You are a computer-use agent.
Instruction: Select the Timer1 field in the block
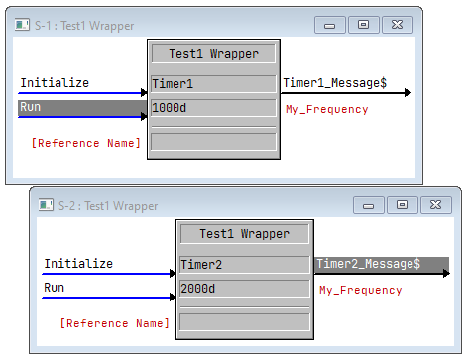[213, 84]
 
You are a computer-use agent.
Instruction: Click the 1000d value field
[213, 107]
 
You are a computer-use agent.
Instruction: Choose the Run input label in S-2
[55, 288]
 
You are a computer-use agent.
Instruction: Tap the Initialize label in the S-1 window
[55, 83]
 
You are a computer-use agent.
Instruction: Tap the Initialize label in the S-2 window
[78, 264]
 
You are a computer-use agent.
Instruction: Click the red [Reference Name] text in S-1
[86, 143]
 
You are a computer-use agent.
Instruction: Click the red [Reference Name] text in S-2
[115, 323]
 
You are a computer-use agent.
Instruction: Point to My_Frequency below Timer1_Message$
[326, 109]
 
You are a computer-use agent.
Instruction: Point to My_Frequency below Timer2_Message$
[360, 290]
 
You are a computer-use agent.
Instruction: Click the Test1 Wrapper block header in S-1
[213, 54]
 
